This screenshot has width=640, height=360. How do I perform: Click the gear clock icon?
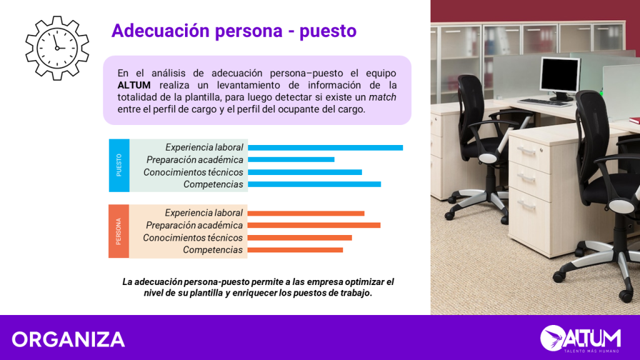coord(57,48)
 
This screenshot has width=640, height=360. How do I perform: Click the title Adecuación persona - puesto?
coord(234,31)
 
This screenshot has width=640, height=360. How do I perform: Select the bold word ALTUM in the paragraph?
coord(134,85)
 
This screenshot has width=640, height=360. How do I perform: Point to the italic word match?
coord(382,97)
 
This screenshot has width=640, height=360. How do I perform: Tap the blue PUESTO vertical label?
coord(119,165)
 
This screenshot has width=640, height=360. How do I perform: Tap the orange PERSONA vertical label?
coord(119,231)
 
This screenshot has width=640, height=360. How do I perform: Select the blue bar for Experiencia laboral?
coord(325,147)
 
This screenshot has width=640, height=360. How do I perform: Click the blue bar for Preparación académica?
coord(291,159)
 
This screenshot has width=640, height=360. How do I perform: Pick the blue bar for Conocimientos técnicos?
coord(305,172)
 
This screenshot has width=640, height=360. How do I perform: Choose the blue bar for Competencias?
coord(314,184)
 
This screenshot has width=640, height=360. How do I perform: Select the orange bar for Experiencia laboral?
coord(306,214)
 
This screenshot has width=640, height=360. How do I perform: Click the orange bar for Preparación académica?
coord(314,225)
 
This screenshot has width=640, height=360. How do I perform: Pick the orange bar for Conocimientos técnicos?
coord(299,238)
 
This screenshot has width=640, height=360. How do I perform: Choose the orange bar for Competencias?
coord(295,250)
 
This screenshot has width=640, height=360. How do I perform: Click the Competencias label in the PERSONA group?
coord(212,250)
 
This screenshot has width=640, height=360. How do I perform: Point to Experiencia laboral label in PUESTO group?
coord(204,147)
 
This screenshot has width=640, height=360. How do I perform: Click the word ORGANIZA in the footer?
coord(68,339)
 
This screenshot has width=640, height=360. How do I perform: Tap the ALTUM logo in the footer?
coord(581,338)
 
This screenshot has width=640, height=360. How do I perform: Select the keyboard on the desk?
coord(544,102)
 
